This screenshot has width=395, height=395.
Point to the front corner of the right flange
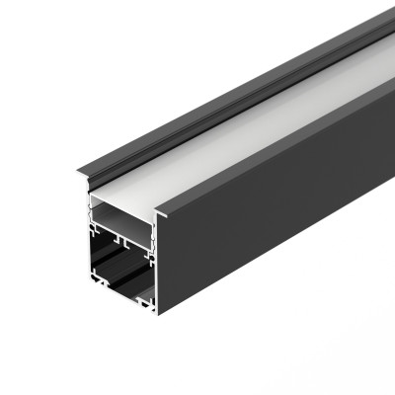(158, 210)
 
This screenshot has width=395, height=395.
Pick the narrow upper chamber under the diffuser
(118, 221)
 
